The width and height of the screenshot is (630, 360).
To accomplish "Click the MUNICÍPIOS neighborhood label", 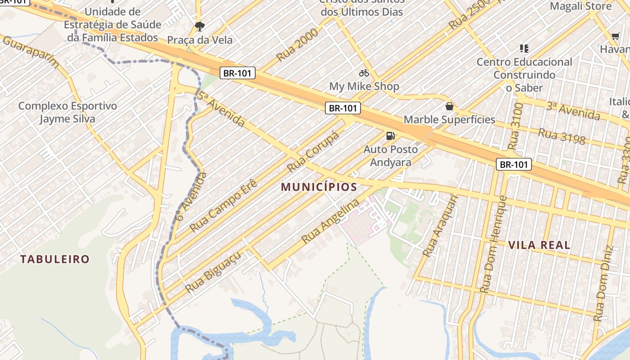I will pyautogui.click(x=319, y=187).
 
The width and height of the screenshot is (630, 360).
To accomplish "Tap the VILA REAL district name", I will pyautogui.click(x=539, y=245).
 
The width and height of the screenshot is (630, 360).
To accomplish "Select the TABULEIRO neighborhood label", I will pyautogui.click(x=55, y=259).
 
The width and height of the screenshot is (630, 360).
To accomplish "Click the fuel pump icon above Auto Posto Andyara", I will pyautogui.click(x=390, y=136).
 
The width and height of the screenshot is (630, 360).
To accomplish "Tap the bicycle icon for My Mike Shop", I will pyautogui.click(x=364, y=72).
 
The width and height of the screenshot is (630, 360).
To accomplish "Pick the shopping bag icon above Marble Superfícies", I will pyautogui.click(x=449, y=106).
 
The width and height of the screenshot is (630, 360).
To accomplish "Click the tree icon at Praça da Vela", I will pyautogui.click(x=199, y=26).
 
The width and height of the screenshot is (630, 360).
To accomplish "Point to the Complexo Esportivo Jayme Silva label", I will pyautogui.click(x=67, y=112).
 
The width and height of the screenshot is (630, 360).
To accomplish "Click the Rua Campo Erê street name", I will pyautogui.click(x=224, y=206).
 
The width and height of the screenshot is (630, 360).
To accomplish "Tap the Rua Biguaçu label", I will pyautogui.click(x=213, y=272).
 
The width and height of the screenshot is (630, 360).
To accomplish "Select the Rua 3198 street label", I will pyautogui.click(x=562, y=136).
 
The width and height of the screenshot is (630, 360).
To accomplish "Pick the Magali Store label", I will pyautogui.click(x=580, y=6).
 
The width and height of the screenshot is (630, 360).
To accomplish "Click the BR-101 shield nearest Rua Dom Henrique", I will pyautogui.click(x=514, y=164).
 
